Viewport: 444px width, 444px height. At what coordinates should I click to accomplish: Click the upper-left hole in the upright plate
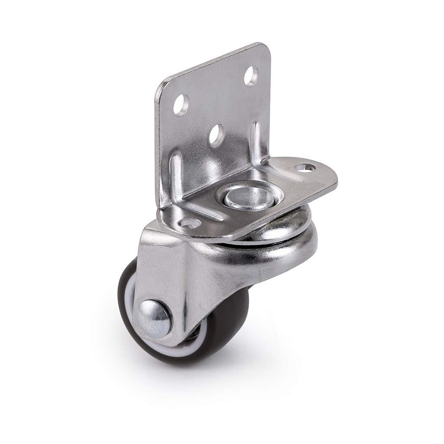pyautogui.click(x=181, y=105)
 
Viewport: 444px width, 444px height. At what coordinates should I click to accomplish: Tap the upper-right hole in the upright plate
pyautogui.click(x=251, y=75)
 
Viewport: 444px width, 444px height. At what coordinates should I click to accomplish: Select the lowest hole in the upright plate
pyautogui.click(x=216, y=135)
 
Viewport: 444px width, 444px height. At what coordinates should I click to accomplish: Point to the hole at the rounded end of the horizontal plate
pyautogui.click(x=306, y=168)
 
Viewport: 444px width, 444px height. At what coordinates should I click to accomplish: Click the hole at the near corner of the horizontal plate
pyautogui.click(x=190, y=223)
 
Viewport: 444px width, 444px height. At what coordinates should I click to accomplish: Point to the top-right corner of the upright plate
pyautogui.click(x=265, y=48)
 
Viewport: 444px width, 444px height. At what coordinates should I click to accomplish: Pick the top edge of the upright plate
pyautogui.click(x=213, y=62)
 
